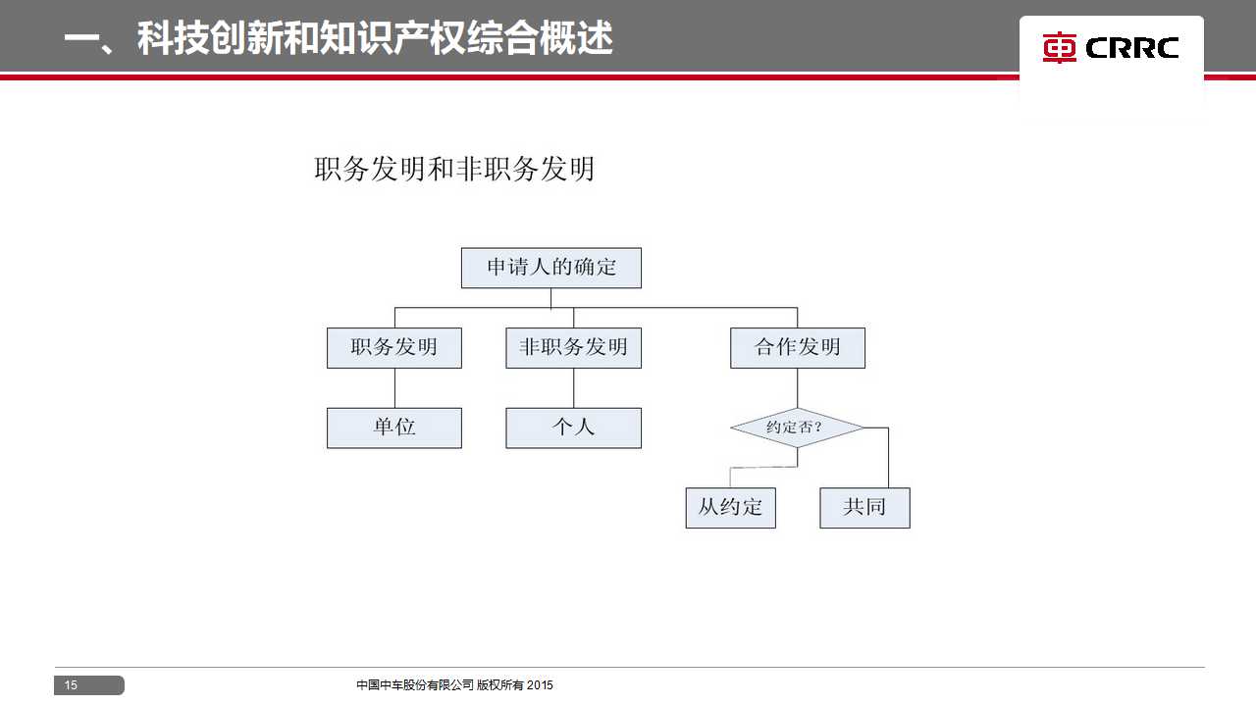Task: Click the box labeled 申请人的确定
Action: click(x=551, y=268)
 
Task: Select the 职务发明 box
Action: click(x=394, y=348)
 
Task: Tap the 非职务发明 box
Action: click(x=574, y=348)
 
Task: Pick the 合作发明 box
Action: click(x=798, y=348)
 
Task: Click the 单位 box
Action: click(x=394, y=429)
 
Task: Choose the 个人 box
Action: click(x=574, y=429)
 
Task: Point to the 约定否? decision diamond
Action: click(x=798, y=428)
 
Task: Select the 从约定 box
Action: click(x=731, y=508)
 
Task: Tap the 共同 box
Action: click(x=864, y=508)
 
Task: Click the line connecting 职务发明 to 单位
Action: click(x=394, y=388)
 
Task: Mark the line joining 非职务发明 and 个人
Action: click(x=574, y=388)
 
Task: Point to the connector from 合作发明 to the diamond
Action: click(x=798, y=388)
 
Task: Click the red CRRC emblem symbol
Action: click(x=1059, y=48)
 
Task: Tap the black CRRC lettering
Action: click(x=1132, y=48)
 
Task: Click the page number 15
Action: click(x=71, y=684)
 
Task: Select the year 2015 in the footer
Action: click(x=540, y=684)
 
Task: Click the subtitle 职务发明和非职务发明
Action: click(x=454, y=170)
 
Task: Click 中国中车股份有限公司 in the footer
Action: click(x=415, y=684)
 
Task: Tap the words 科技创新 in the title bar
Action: click(x=210, y=38)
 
